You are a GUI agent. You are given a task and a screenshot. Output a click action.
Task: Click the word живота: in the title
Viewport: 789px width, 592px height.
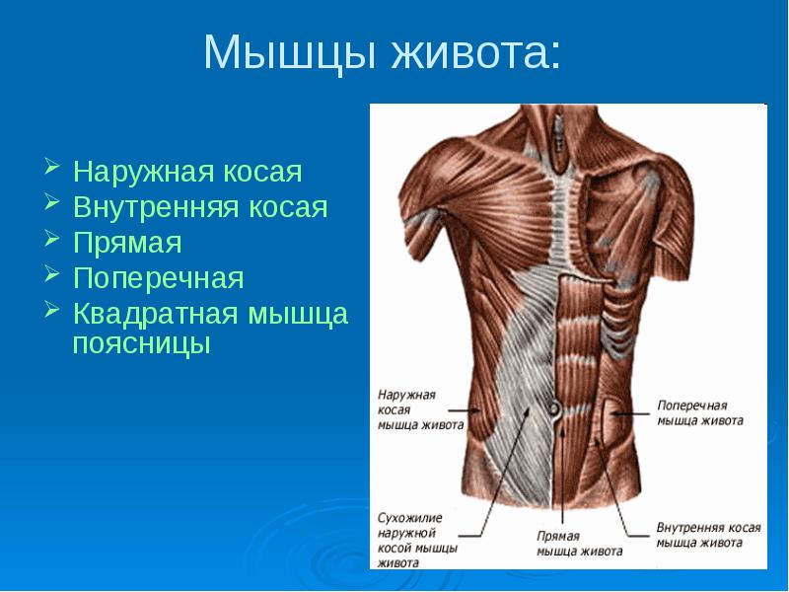point(475,52)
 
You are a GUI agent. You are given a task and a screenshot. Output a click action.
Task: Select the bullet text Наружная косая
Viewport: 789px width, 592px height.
point(187,173)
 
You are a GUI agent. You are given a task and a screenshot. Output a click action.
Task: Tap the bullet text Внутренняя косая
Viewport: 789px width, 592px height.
point(200,207)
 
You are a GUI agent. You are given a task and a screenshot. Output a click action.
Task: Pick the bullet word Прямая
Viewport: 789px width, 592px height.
point(127,243)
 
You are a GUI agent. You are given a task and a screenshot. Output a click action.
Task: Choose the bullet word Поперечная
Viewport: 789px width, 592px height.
point(158,278)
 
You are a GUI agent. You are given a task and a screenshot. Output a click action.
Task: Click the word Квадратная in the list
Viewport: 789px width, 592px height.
point(156,315)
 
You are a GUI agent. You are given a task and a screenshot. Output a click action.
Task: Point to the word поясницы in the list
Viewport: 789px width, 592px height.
point(141,345)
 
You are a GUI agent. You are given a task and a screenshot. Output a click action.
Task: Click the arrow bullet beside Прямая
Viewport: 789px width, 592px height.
point(52,238)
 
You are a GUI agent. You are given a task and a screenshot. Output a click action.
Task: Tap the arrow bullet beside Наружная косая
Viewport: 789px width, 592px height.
point(52,166)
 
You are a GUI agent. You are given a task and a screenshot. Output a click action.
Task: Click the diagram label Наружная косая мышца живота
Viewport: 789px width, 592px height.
point(420,409)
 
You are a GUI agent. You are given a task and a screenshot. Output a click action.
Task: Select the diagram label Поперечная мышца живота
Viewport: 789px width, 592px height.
point(700,413)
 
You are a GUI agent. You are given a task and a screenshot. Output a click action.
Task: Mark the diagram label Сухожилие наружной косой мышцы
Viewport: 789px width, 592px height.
point(417,540)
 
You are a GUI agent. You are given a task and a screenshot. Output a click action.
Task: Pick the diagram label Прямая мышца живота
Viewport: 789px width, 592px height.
point(580,544)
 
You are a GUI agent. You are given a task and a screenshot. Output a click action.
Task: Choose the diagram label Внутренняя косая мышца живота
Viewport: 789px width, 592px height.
point(708,535)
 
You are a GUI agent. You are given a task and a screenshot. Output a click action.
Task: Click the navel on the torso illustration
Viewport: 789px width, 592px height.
point(555,408)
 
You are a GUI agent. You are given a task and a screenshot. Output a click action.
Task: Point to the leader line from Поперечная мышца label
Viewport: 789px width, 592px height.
point(630,413)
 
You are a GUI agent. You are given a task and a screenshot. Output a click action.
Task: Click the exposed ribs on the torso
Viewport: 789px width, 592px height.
point(615,323)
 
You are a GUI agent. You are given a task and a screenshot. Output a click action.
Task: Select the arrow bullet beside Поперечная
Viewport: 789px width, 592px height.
point(52,273)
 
